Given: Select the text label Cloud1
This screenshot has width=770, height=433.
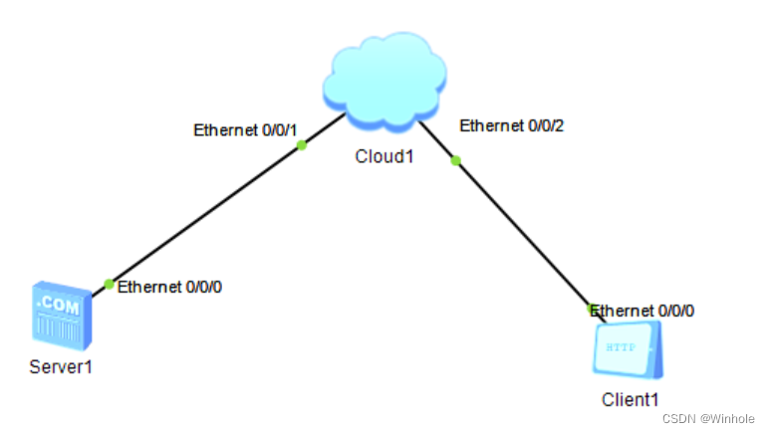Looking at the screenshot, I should tap(384, 157).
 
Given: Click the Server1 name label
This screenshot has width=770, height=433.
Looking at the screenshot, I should tap(61, 366).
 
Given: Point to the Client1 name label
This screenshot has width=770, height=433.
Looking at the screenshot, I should tap(630, 399).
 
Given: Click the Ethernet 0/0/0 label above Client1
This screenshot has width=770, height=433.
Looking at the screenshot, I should tap(643, 311).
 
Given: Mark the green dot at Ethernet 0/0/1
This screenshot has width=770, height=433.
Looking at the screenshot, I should tap(301, 145).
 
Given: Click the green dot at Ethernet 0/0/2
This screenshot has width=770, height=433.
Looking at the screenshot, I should tap(456, 160).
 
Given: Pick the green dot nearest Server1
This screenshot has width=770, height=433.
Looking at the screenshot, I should tap(109, 285).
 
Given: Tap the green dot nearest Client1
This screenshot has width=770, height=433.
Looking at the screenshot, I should tap(592, 310).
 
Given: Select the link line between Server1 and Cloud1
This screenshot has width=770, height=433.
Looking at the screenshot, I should tap(204, 215).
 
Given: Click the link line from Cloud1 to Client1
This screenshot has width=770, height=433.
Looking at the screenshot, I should tap(523, 234).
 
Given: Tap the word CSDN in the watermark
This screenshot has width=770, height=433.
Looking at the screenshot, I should tap(680, 419).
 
